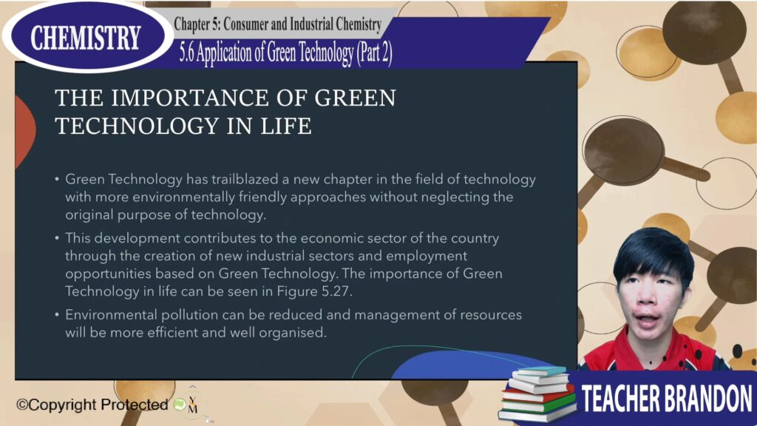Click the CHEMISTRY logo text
[86, 38]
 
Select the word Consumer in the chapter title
[251, 24]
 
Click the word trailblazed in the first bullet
[245, 179]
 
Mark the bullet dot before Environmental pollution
[57, 315]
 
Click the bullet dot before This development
[57, 238]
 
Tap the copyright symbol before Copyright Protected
[22, 405]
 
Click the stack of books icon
[537, 393]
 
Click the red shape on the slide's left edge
[25, 130]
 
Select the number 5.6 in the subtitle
[186, 53]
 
